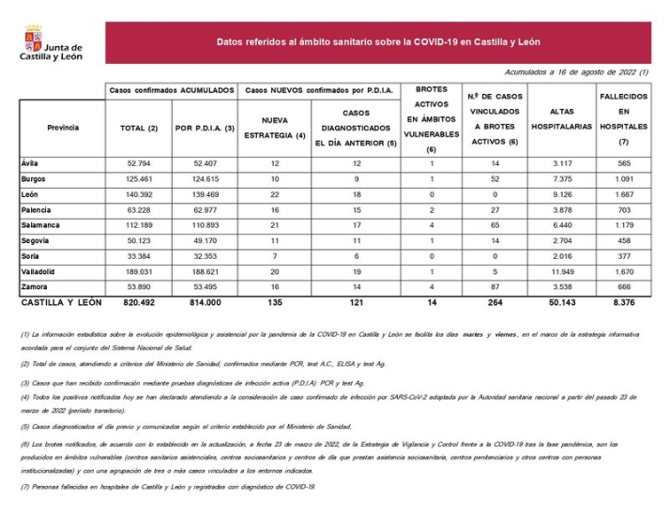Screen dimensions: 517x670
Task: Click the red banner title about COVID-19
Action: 377,42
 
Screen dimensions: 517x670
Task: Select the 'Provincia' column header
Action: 63,128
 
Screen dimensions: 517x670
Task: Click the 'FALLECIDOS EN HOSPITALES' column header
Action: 622,119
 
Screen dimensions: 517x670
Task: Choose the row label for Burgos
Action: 35,178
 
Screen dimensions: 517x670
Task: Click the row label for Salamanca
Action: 39,226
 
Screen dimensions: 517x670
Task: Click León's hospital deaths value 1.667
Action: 622,194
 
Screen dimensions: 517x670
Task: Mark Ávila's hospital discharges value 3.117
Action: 561,162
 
